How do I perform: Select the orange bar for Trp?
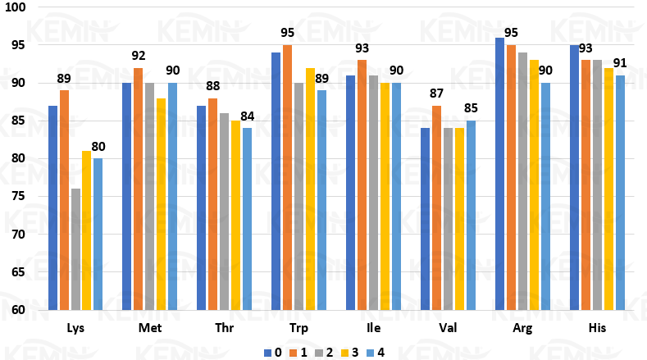click(x=287, y=177)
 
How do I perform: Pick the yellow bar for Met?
click(x=161, y=204)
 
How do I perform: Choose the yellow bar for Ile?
click(x=385, y=196)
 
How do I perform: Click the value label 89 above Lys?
click(x=64, y=79)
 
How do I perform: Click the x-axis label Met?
click(x=150, y=329)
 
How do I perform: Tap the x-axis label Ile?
click(x=373, y=329)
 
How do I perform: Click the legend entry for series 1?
click(x=301, y=352)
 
